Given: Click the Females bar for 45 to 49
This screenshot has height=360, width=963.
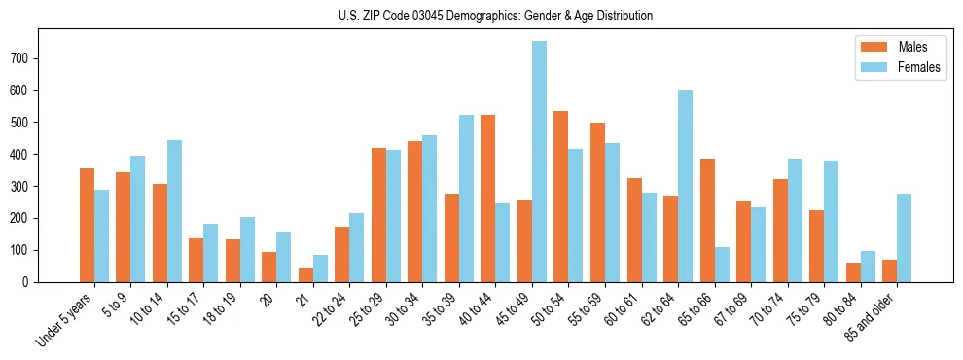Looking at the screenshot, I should (539, 162).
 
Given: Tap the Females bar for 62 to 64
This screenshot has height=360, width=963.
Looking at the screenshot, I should (685, 186).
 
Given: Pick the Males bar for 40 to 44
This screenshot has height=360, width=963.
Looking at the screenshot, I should (488, 198).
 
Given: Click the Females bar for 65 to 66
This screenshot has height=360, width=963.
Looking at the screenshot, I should (722, 265).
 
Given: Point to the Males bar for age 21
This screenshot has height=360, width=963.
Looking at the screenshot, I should (305, 274).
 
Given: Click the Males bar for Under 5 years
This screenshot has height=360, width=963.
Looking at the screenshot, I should (87, 225).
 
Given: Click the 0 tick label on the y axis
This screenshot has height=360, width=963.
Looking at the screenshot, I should (30, 282).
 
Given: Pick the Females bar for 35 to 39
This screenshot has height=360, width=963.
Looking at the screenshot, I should (466, 198).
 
